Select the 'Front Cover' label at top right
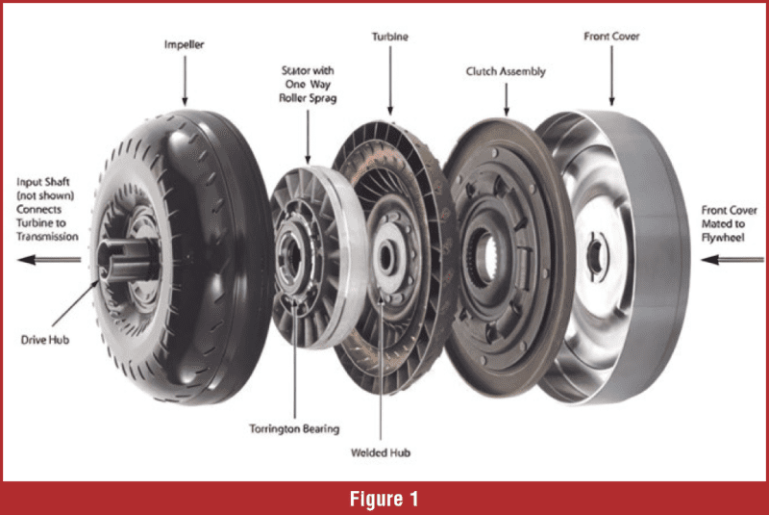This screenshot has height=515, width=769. (x=611, y=36)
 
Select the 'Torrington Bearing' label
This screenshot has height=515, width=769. (x=295, y=428)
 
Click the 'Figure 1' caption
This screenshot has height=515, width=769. (x=384, y=498)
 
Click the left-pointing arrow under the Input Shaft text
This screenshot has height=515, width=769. (x=50, y=259)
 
